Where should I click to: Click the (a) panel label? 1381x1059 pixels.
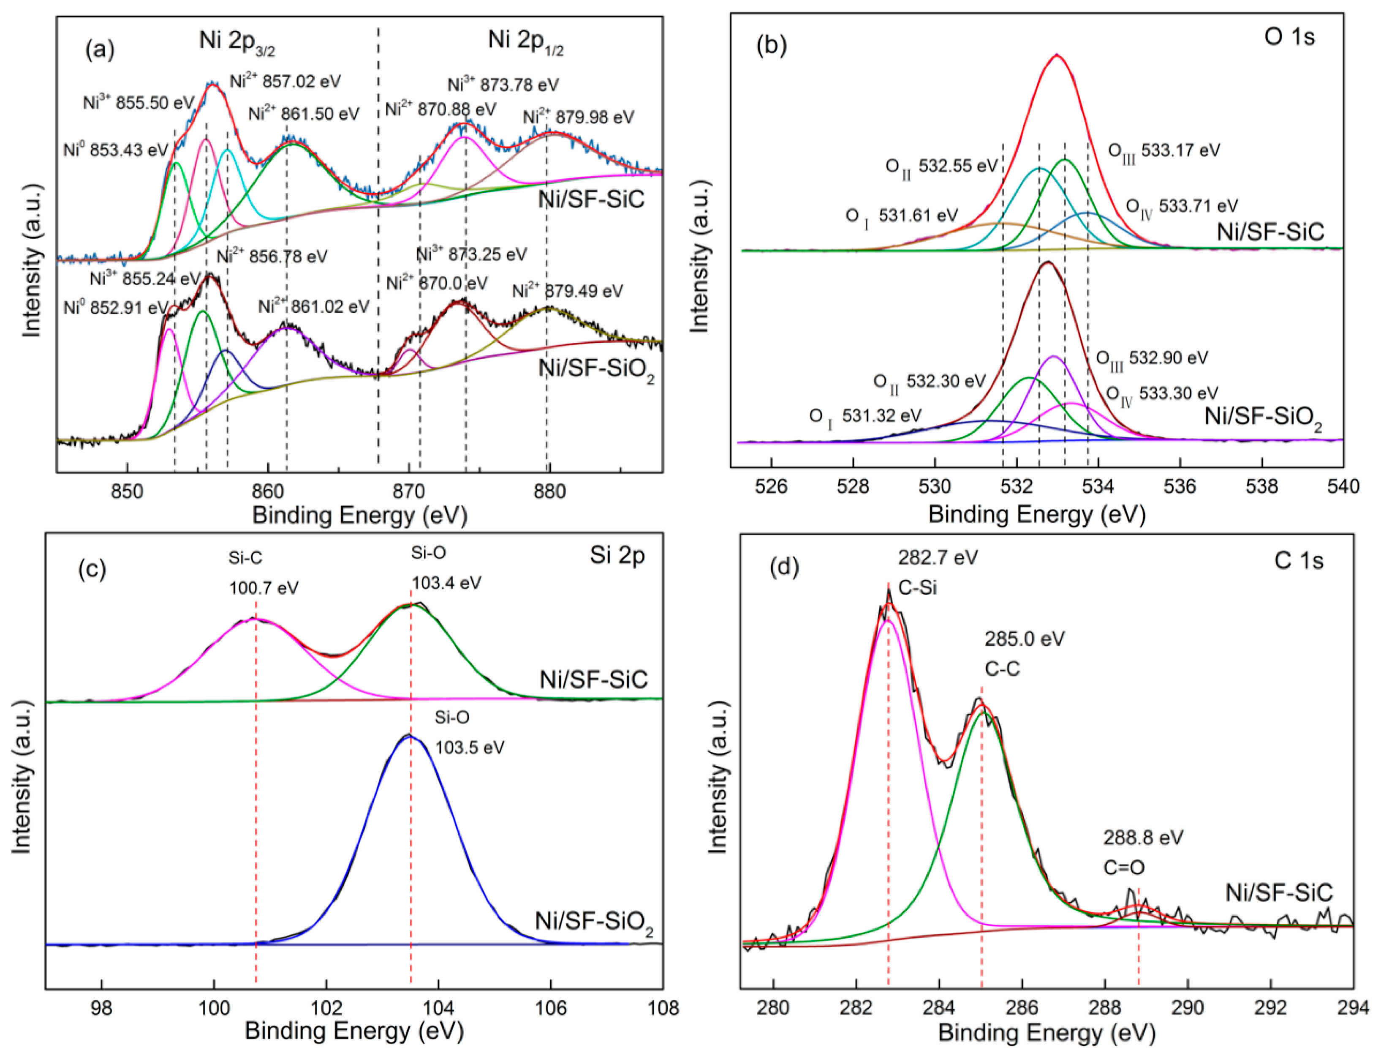click(x=100, y=49)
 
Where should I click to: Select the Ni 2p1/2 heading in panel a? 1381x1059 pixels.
click(x=525, y=42)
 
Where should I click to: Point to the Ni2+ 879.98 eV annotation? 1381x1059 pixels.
click(x=578, y=117)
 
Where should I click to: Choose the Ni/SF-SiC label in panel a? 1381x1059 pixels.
click(x=591, y=199)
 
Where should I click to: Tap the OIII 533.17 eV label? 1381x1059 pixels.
click(x=1164, y=151)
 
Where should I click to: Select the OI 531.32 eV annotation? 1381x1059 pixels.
click(x=865, y=416)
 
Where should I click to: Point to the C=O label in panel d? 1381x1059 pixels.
click(x=1123, y=868)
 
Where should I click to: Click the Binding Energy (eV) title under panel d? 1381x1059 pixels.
click(x=1047, y=1032)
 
